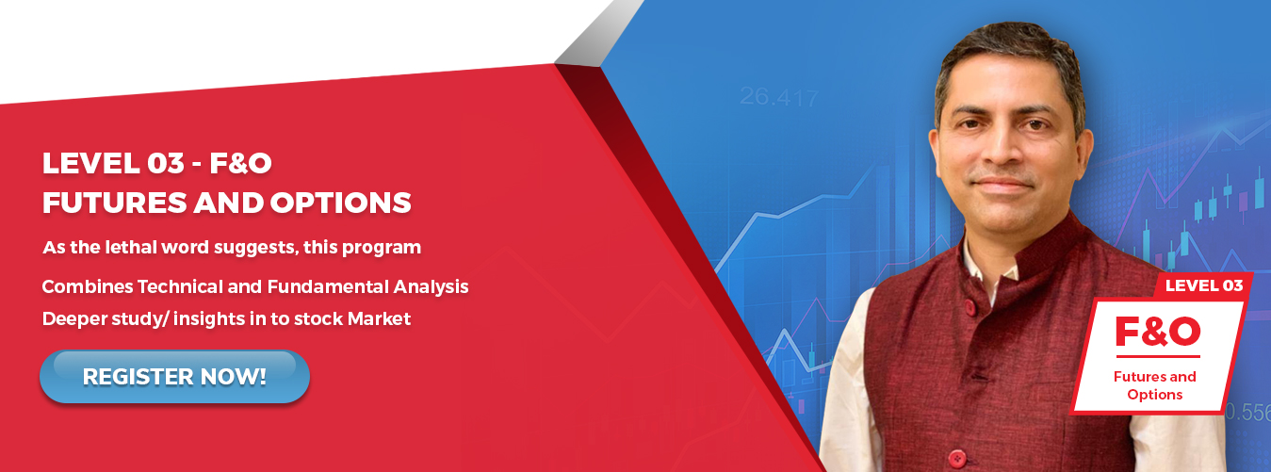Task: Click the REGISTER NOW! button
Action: [174, 377]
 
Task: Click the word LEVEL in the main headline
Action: [90, 163]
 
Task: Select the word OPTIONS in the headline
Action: [340, 203]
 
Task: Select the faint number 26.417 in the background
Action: [779, 97]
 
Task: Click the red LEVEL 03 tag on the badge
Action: [1204, 285]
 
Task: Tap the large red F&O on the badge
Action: [1158, 332]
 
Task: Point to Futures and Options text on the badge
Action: [1155, 385]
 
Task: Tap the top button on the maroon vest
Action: [970, 307]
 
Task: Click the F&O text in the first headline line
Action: [240, 163]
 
